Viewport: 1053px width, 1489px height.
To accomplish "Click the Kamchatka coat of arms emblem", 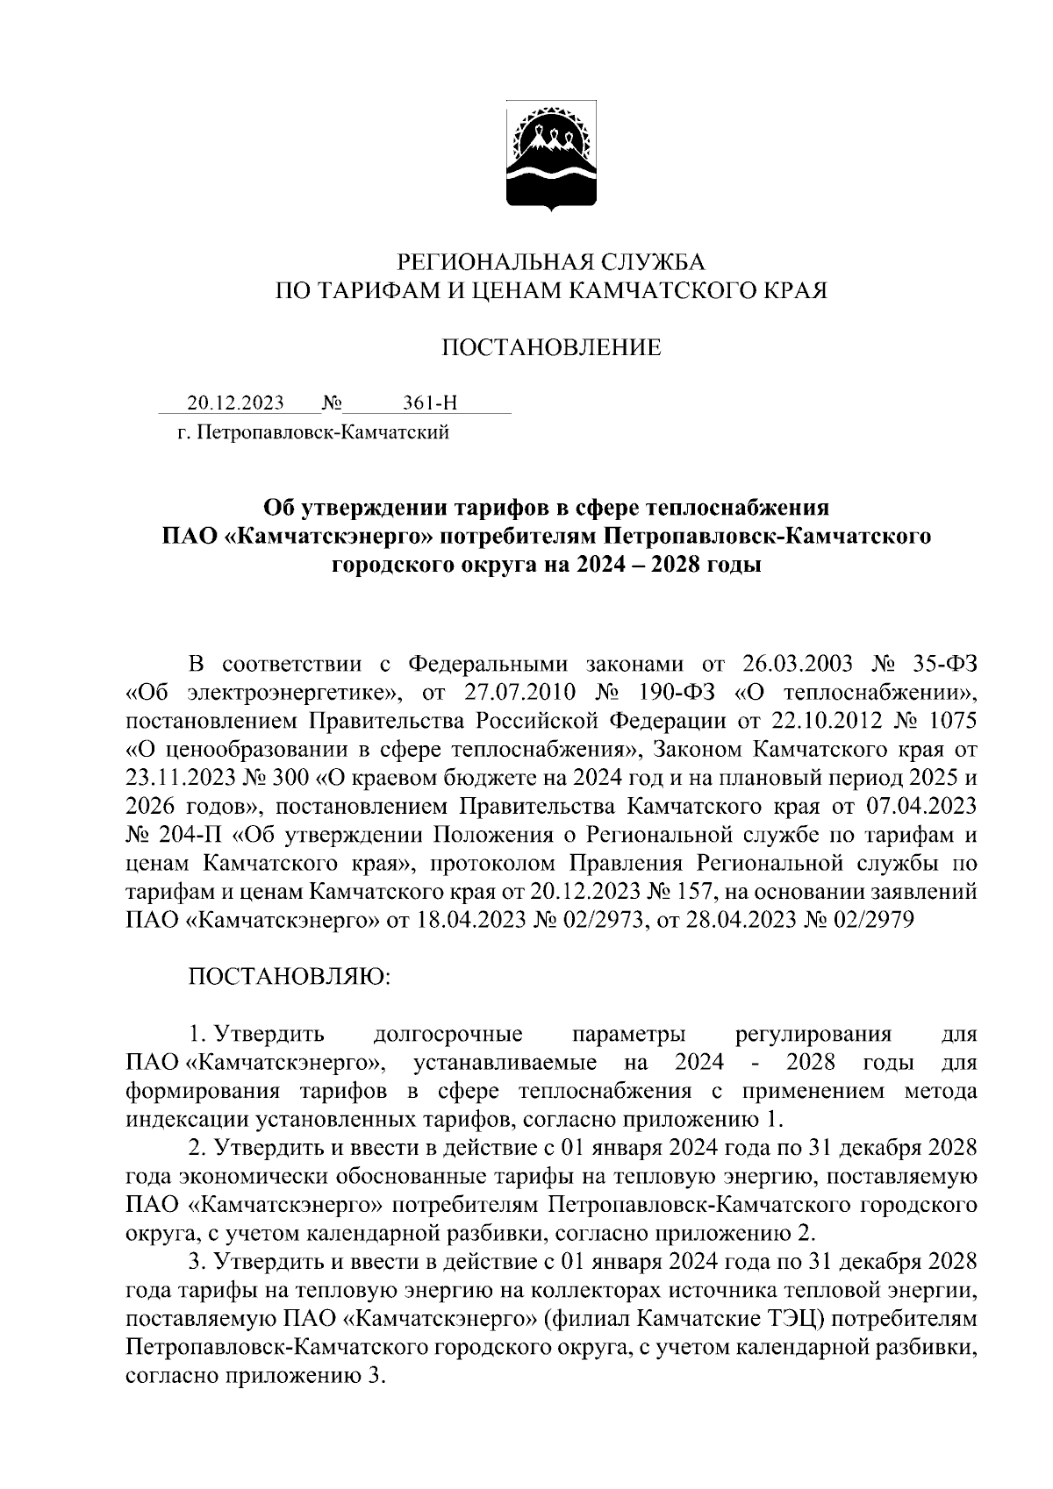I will [x=551, y=157].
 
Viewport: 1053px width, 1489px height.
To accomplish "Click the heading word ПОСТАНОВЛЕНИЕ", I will [x=550, y=348].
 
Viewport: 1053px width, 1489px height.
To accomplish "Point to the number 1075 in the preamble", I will [x=949, y=721].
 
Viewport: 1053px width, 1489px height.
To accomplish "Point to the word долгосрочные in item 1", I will [x=448, y=1034].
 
